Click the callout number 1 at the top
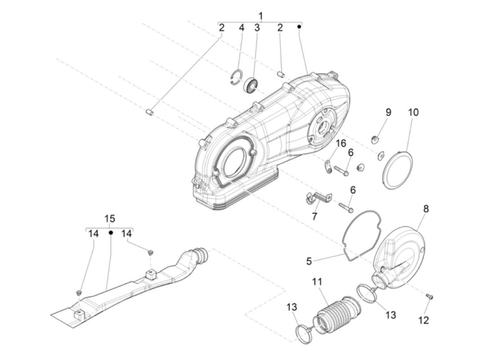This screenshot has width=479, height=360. pos(261,16)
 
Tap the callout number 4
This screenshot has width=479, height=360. pos(241,28)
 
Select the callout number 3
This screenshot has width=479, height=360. pos(257,28)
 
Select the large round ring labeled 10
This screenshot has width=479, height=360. pos(397,170)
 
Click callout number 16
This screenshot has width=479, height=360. pos(341,143)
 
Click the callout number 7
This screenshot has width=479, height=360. pos(314,217)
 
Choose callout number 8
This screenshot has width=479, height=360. pos(426,209)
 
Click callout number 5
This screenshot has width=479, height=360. pos(309,261)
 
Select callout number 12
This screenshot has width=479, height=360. pos(423,320)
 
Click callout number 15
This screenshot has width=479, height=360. pos(110,218)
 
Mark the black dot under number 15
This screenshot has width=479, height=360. pos(111,233)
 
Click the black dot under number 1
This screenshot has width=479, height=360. pos(299,27)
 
